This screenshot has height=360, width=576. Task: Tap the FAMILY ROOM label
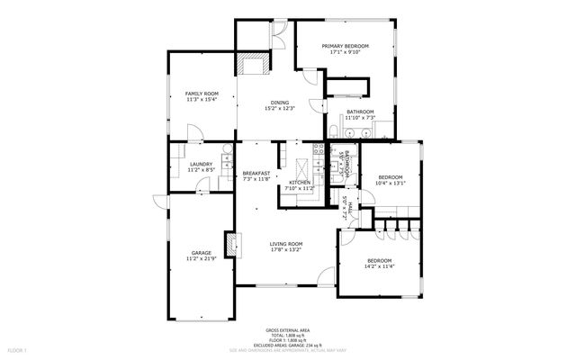pyautogui.click(x=202, y=94)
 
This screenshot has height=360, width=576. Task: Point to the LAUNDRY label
pyautogui.click(x=201, y=163)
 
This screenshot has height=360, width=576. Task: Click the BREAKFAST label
pyautogui.click(x=256, y=172)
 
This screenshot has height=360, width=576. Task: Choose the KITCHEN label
pyautogui.click(x=300, y=183)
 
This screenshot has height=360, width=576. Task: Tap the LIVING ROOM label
pyautogui.click(x=287, y=243)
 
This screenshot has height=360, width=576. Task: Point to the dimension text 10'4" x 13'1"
pyautogui.click(x=391, y=183)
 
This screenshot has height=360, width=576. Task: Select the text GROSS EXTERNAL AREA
pyautogui.click(x=287, y=330)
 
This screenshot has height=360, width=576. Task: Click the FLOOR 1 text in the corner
pyautogui.click(x=18, y=349)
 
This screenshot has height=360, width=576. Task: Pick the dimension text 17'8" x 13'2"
pyautogui.click(x=287, y=249)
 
